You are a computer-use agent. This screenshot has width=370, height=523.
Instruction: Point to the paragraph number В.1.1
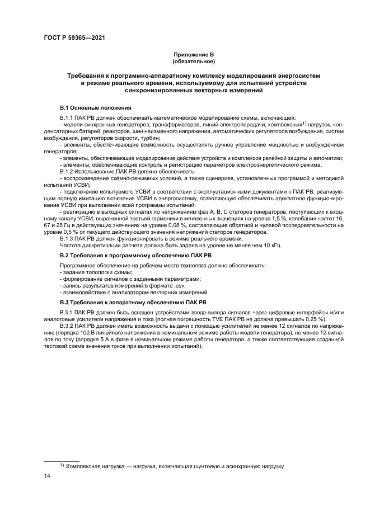68,117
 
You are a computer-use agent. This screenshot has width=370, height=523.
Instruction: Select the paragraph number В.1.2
68,172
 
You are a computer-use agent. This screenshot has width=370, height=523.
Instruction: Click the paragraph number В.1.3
68,239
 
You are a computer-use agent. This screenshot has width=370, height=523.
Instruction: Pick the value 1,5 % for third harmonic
284,220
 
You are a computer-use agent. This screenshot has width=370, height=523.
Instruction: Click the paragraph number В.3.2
68,326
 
